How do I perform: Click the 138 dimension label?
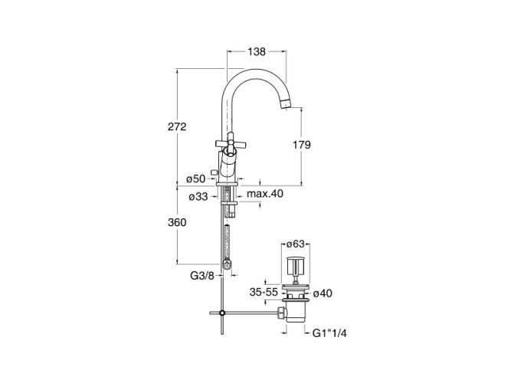pyautogui.click(x=257, y=51)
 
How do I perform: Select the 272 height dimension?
pyautogui.click(x=177, y=126)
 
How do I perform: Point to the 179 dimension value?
pyautogui.click(x=301, y=145)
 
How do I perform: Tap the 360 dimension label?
pyautogui.click(x=177, y=223)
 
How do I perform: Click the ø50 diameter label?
pyautogui.click(x=196, y=178)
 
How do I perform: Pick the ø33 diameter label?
pyautogui.click(x=198, y=197)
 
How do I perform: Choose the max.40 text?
pyautogui.click(x=265, y=194)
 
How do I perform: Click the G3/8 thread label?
pyautogui.click(x=202, y=276)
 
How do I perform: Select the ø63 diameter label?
pyautogui.click(x=295, y=244)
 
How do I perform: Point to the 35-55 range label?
pyautogui.click(x=264, y=293)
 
